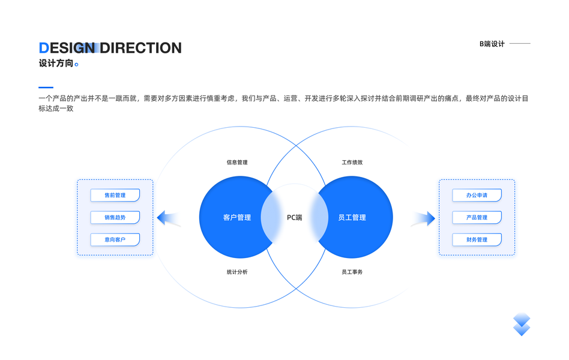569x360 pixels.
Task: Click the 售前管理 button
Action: coord(115,195)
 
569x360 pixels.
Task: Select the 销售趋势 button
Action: coord(115,217)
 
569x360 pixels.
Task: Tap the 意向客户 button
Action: coord(115,239)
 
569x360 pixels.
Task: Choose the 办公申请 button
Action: coord(477,195)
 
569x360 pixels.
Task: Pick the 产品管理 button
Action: coord(477,217)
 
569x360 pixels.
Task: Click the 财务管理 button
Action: coord(477,239)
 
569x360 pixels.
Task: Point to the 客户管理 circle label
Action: coord(236,217)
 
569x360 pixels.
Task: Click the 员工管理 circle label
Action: coord(352,217)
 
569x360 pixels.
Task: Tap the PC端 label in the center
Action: coord(294,217)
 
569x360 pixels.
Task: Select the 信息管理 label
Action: coord(237,163)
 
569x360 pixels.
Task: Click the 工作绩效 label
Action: coord(352,163)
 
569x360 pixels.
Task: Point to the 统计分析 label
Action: coord(237,272)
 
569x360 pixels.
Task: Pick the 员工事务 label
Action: coord(352,272)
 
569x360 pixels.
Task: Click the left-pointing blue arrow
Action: coord(167,218)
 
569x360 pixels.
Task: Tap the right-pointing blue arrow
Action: coord(424,218)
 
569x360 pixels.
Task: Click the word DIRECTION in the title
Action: coord(140,48)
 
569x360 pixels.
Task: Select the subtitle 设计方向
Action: coord(56,63)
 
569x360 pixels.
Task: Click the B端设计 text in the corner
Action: coord(492,44)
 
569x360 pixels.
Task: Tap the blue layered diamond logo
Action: coord(522,324)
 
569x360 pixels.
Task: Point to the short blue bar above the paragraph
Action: coord(46,88)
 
